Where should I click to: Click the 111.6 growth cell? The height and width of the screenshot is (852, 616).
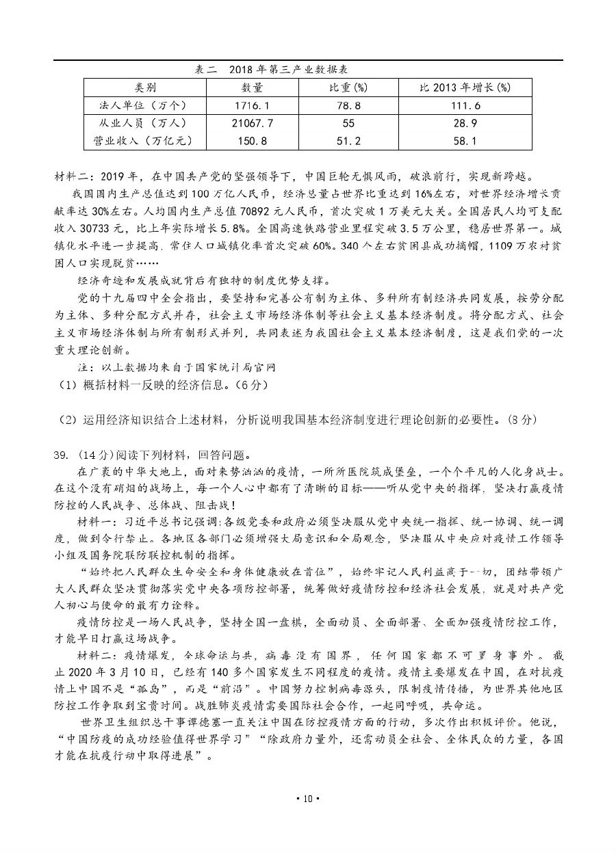tap(465, 105)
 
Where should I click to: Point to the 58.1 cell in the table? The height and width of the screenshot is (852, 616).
tap(465, 141)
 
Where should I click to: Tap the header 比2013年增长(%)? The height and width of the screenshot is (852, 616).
tap(465, 88)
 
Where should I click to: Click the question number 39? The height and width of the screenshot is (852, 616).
tap(61, 455)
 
